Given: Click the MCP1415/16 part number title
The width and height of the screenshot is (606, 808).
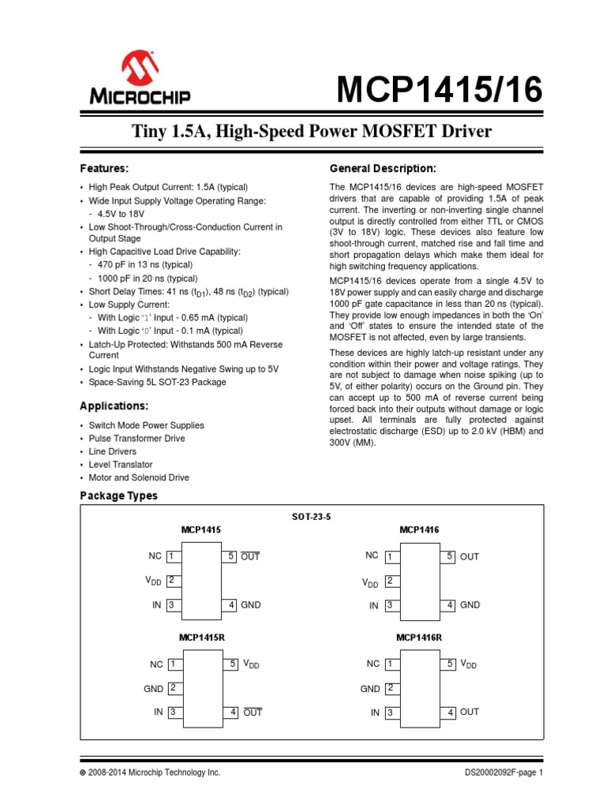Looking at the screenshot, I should tap(440, 92).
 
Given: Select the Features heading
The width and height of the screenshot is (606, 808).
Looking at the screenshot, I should tap(104, 169).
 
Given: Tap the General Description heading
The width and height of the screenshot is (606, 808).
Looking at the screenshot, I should tap(382, 169).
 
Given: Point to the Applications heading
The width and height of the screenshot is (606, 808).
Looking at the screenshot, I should tap(114, 406).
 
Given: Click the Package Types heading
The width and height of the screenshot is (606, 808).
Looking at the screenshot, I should tap(119, 496).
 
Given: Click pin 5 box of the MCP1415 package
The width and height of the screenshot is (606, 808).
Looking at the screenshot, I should tap(231, 556).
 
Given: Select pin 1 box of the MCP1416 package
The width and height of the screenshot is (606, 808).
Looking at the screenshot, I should tap(389, 557).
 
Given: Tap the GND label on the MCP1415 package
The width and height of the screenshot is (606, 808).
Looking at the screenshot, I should tap(251, 605).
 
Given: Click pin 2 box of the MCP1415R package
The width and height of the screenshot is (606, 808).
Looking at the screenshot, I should tap(172, 688).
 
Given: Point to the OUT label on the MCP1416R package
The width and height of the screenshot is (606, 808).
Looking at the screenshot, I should tap(469, 712).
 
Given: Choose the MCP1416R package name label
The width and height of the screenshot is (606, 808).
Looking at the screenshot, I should tap(419, 637).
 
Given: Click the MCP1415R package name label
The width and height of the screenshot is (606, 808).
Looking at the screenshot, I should tap(202, 637).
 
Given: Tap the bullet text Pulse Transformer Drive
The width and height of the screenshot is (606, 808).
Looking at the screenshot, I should tap(137, 438).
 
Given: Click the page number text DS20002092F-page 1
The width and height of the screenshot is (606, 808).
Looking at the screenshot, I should tap(503, 773).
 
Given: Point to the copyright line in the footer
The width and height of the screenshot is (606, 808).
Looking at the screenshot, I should tap(150, 773).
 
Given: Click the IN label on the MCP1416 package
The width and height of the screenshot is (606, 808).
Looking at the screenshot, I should tap(374, 606).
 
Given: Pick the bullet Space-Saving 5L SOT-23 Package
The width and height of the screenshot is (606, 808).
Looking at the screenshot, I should tap(158, 382).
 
